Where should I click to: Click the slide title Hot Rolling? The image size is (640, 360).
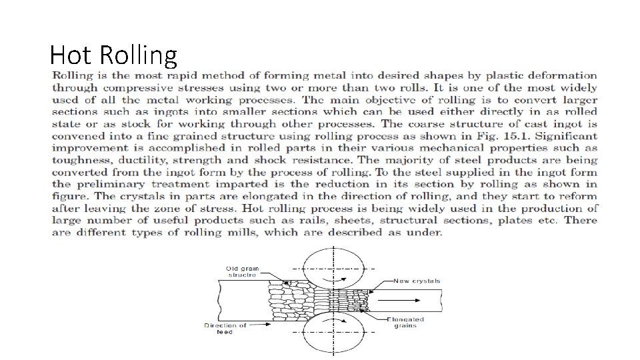[x=113, y=55]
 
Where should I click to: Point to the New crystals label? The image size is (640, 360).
[x=417, y=281]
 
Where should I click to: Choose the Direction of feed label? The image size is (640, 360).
[x=225, y=329]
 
